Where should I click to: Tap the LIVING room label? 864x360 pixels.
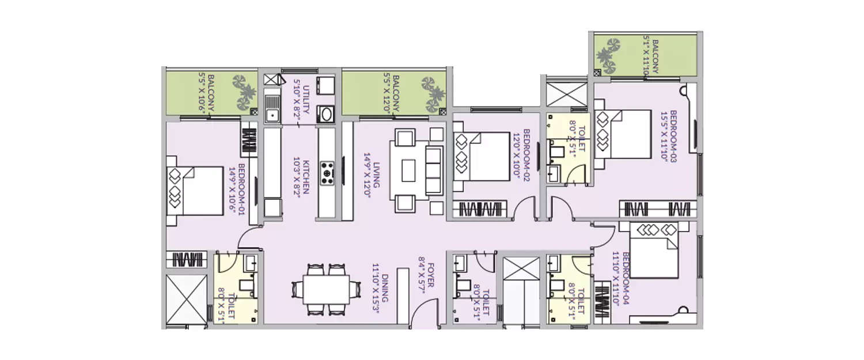tap(370, 171)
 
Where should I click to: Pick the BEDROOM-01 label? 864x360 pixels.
tap(237, 188)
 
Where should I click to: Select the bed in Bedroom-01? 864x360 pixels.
tap(195, 191)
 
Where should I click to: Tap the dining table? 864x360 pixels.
tap(326, 289)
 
